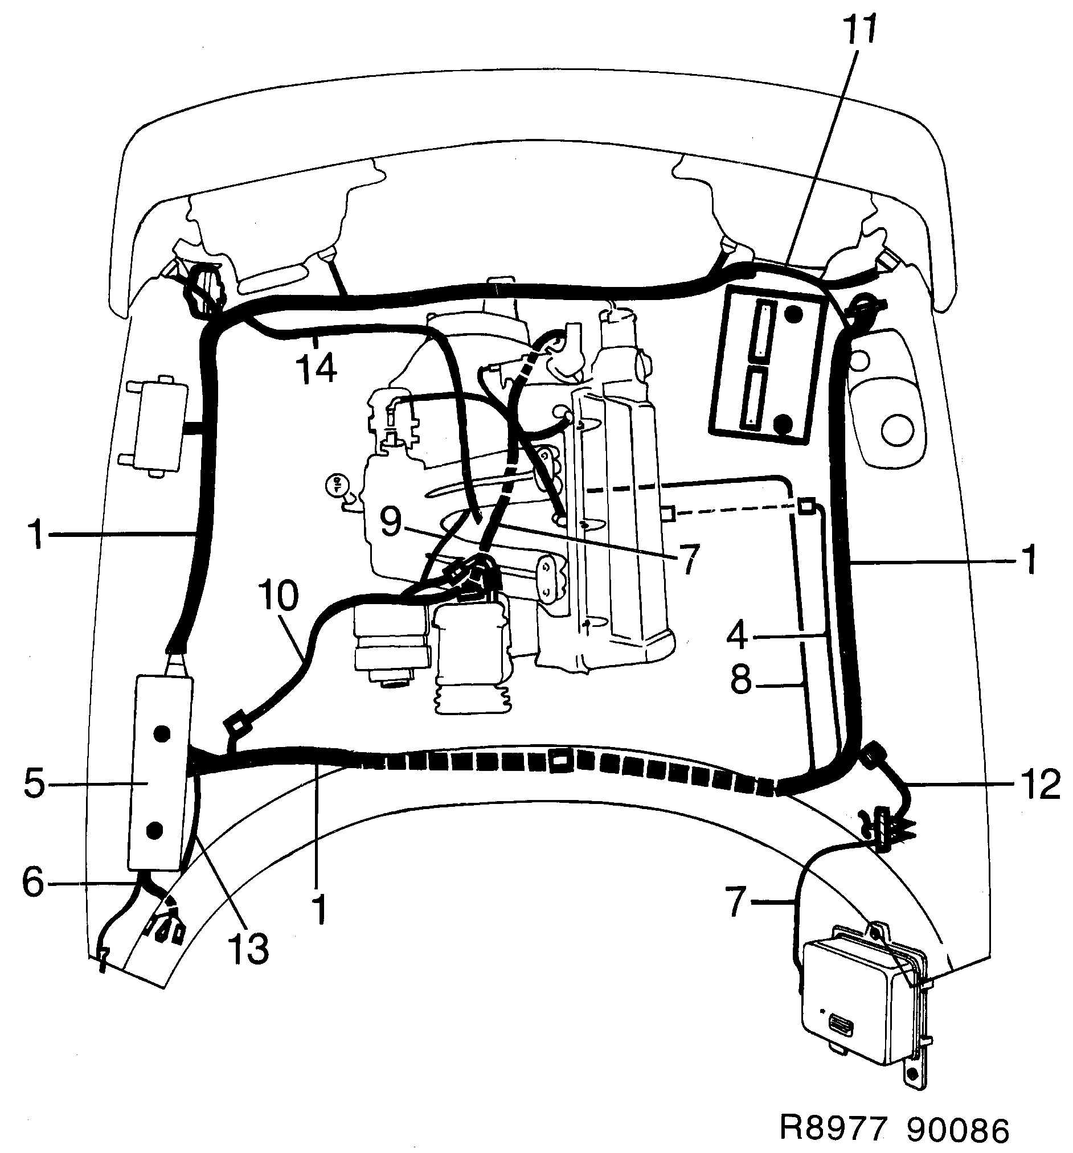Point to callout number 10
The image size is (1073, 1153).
279,596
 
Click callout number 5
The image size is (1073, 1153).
35,783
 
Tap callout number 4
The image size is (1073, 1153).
737,635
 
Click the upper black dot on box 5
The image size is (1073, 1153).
162,734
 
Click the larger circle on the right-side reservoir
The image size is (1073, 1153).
898,429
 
